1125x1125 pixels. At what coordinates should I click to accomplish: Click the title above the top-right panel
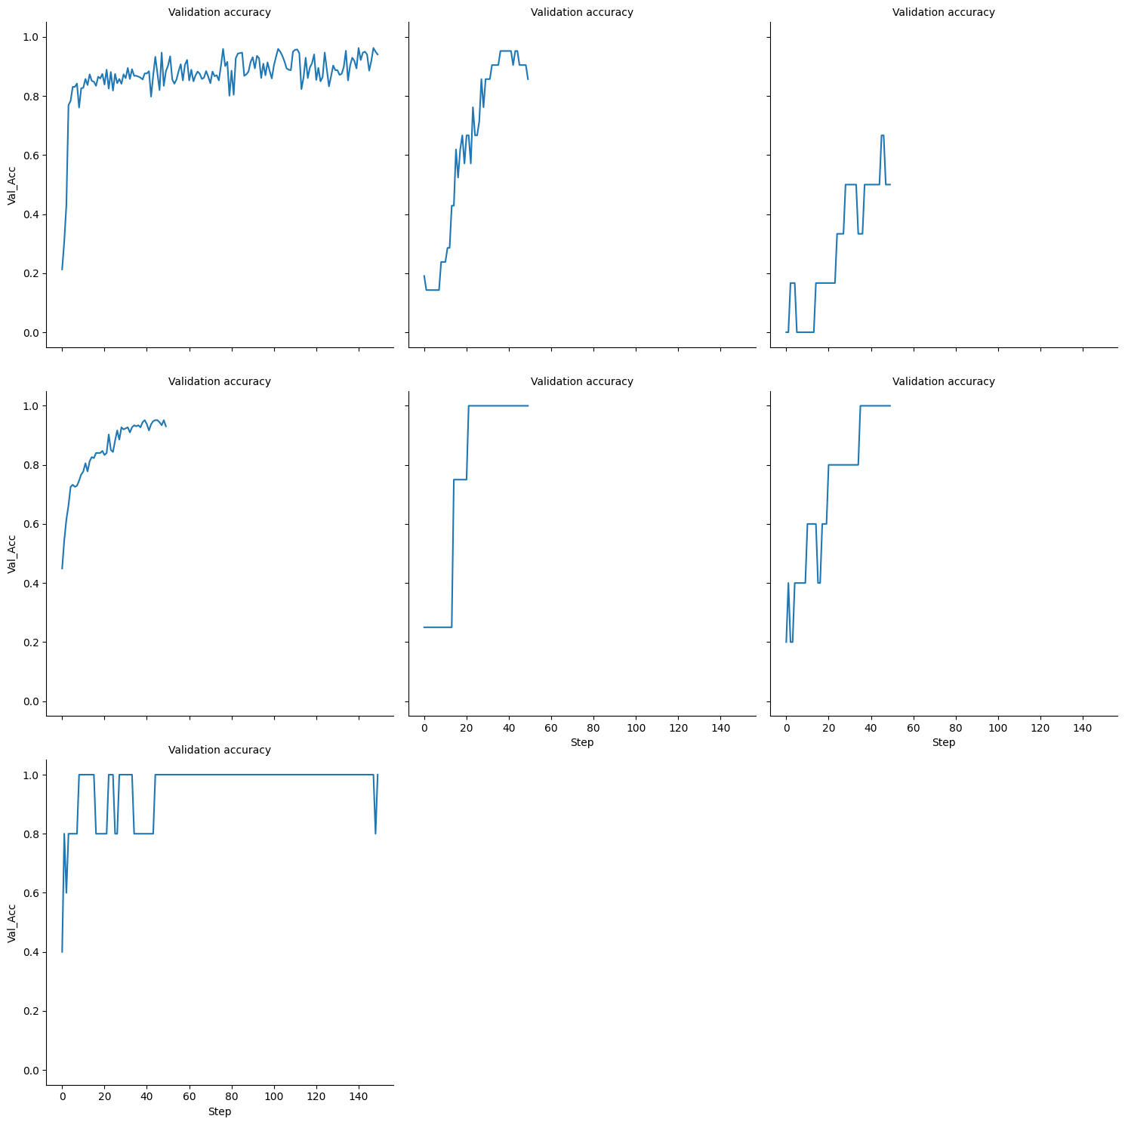943,12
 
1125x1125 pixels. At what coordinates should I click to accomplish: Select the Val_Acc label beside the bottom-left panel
12,923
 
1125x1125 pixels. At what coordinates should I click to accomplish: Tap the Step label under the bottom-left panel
220,1111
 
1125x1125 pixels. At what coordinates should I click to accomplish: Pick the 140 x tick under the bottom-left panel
359,1097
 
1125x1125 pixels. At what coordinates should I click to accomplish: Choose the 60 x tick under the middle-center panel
551,728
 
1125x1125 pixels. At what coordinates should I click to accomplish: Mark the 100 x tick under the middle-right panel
998,728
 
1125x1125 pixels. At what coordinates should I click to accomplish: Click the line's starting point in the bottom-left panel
62,952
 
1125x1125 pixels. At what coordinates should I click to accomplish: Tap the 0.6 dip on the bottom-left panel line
66,892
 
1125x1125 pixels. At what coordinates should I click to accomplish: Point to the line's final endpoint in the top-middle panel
528,79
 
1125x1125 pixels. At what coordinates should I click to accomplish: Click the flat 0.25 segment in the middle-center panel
438,627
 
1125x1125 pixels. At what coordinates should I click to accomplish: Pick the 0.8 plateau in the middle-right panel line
843,465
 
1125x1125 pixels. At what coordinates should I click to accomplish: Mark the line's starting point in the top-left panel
62,270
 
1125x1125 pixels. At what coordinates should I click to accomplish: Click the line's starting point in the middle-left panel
62,569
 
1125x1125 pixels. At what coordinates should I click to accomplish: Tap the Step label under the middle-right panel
943,742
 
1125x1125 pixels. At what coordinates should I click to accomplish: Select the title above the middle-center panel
581,381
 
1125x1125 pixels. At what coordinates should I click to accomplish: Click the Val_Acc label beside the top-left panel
12,185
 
